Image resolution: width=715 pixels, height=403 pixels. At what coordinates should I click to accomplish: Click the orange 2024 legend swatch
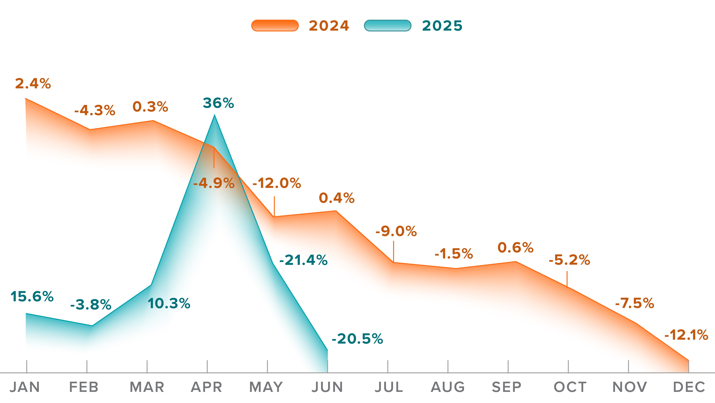[x=275, y=26]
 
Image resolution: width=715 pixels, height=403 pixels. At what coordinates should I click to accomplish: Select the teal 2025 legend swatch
[x=387, y=26]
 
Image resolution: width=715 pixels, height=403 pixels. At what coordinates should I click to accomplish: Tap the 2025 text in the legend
[x=442, y=26]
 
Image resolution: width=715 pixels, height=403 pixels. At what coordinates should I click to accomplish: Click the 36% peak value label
[x=218, y=103]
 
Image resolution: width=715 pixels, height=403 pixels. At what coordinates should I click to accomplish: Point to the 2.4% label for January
[x=33, y=84]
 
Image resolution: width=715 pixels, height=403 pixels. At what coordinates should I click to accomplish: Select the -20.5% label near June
[x=357, y=339]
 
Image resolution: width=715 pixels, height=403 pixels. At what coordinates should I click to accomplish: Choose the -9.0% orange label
[x=396, y=231]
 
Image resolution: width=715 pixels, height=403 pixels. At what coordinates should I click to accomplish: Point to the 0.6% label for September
[x=515, y=248]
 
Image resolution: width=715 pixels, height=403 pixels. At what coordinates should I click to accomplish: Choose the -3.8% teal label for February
[x=91, y=305]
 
